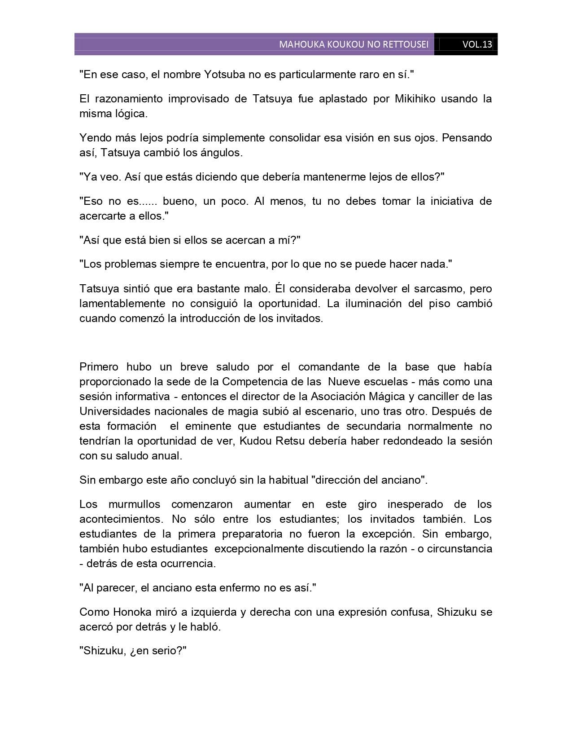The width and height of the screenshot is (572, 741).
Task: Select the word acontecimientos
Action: [x=121, y=519]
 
